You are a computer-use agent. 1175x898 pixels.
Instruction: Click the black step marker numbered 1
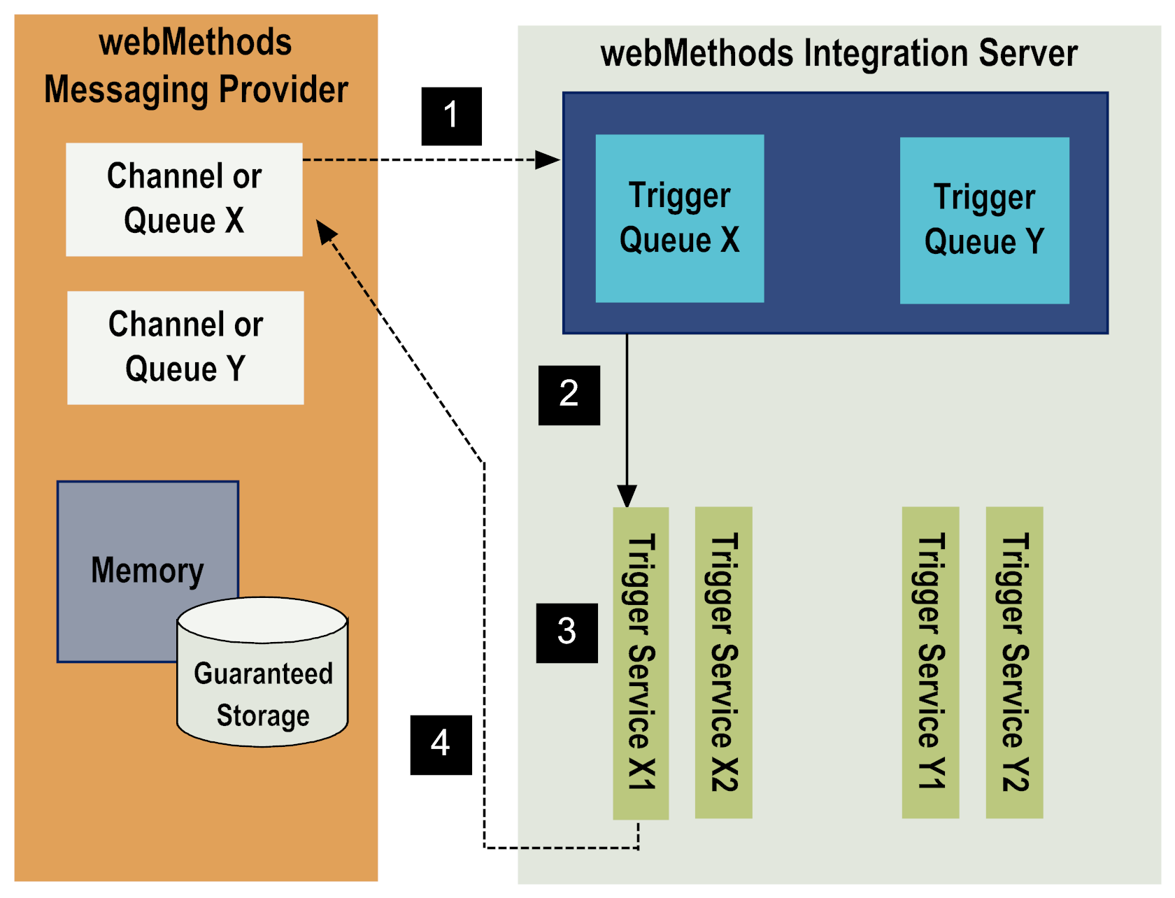coord(451,116)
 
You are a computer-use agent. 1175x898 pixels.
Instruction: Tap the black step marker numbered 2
coord(569,395)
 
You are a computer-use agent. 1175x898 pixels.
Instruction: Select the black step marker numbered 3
coord(567,632)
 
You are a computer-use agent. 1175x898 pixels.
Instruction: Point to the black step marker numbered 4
coord(441,745)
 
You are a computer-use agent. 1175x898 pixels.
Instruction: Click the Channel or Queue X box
coord(184,199)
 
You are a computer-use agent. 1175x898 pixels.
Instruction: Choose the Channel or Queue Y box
coord(185,348)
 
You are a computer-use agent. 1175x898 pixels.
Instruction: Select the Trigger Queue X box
coord(679,218)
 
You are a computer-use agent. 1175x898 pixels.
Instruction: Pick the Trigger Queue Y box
coord(984,220)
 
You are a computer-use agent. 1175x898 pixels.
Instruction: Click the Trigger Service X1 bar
coord(641,662)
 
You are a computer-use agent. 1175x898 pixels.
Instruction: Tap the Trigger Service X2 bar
coord(723,662)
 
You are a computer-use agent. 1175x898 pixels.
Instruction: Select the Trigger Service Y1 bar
coord(930,662)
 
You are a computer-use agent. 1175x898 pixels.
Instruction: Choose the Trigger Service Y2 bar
coord(1014,662)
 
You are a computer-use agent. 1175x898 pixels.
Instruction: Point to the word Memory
coord(147,570)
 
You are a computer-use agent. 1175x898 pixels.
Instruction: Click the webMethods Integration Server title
coord(839,54)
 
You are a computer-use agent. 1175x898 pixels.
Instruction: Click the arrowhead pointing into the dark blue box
coord(549,160)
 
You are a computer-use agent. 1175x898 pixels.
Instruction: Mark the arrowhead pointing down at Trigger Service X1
coord(627,496)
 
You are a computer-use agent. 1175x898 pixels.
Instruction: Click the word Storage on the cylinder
coord(263,715)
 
